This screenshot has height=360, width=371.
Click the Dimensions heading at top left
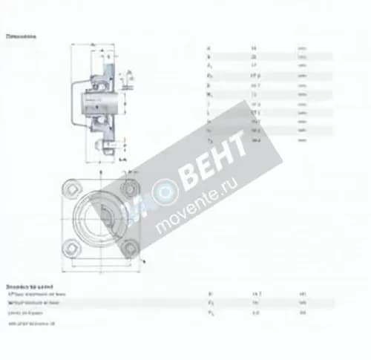coord(22,36)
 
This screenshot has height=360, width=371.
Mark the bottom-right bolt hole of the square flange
coord(131,249)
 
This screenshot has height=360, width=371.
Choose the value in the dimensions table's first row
coord(255,47)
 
